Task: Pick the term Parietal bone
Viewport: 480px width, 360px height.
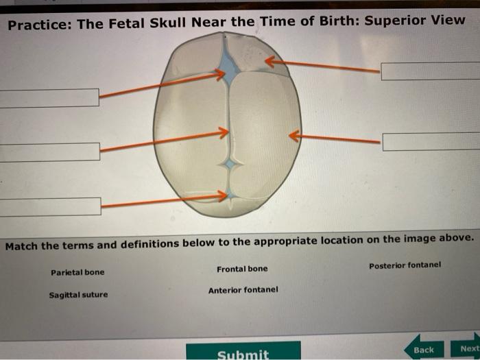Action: pyautogui.click(x=77, y=272)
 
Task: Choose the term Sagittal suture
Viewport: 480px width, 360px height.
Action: pyautogui.click(x=78, y=296)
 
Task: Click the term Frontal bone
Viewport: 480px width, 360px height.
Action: pyautogui.click(x=242, y=269)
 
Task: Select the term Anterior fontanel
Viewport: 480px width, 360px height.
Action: pyautogui.click(x=243, y=290)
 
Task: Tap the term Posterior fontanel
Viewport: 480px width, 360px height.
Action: pyautogui.click(x=405, y=265)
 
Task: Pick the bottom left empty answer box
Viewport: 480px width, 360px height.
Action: pyautogui.click(x=49, y=205)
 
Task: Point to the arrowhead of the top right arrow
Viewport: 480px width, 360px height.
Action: pyautogui.click(x=268, y=62)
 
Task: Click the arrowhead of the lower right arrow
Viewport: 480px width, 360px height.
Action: pyautogui.click(x=292, y=136)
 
